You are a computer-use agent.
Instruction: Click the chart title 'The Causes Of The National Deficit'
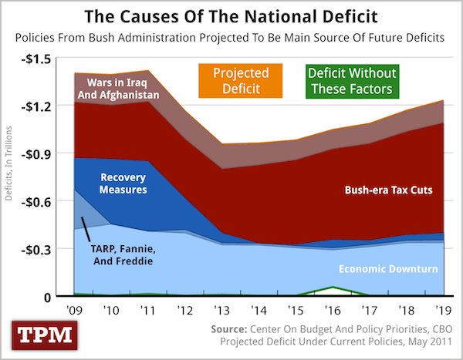231,15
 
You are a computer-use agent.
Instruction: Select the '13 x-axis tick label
222,311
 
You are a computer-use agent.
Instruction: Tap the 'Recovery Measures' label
123,182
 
